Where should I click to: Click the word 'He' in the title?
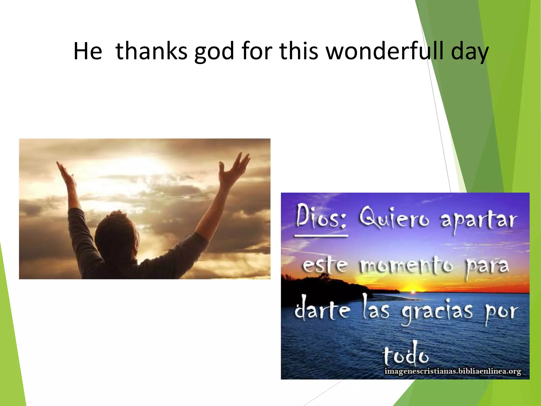pyautogui.click(x=87, y=51)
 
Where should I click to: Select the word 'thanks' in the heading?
pyautogui.click(x=151, y=51)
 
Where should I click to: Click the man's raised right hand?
pyautogui.click(x=234, y=167)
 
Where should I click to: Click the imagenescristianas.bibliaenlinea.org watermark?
pyautogui.click(x=453, y=371)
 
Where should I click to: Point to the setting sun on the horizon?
pyautogui.click(x=413, y=291)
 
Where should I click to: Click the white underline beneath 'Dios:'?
pyautogui.click(x=321, y=235)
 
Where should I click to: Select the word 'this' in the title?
pyautogui.click(x=299, y=51)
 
